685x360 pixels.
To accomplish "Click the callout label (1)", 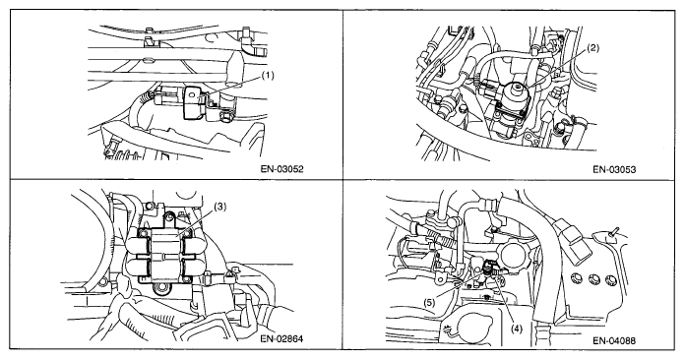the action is (x=267, y=76).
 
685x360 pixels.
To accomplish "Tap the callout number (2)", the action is (x=592, y=48).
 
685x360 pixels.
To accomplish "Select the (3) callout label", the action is (x=219, y=208).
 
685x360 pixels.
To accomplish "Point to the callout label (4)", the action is (x=516, y=329).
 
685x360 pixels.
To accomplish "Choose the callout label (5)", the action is (x=429, y=302).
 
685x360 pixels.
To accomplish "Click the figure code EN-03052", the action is (x=281, y=169).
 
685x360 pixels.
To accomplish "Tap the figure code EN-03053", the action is (x=614, y=169).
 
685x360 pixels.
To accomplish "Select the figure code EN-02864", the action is (x=281, y=338).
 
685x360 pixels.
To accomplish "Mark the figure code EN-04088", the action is (x=614, y=340).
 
